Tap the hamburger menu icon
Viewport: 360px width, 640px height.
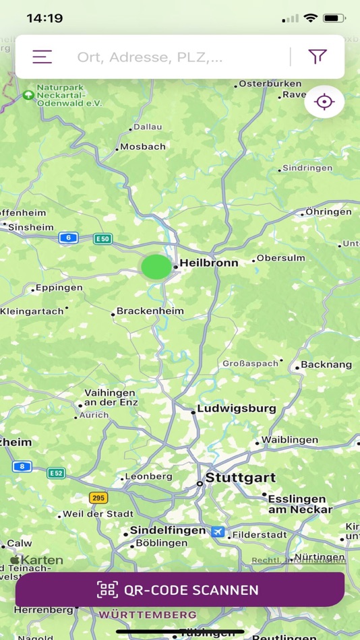pos(42,57)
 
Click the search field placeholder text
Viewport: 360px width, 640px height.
pos(150,57)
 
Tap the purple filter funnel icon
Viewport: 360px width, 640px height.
pos(318,57)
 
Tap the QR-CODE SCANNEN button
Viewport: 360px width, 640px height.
pos(180,590)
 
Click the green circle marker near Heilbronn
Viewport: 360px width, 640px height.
pos(156,267)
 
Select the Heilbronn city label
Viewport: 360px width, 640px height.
pos(209,263)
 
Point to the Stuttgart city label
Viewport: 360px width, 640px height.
pos(241,478)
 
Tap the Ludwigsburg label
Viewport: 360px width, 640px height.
pos(236,408)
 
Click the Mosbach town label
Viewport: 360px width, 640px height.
pos(143,146)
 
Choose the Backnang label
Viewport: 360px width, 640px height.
pos(326,364)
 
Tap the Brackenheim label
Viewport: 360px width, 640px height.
pos(150,311)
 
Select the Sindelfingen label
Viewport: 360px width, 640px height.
pos(168,530)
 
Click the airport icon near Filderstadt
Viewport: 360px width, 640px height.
pos(217,532)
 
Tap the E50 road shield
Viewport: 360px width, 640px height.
pos(102,238)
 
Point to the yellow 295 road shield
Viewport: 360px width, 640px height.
pos(98,498)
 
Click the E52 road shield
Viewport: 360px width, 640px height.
pos(56,473)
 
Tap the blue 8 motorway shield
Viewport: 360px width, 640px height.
pos(22,466)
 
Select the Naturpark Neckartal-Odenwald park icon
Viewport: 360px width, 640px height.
pos(28,95)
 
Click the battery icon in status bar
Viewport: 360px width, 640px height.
pos(334,18)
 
